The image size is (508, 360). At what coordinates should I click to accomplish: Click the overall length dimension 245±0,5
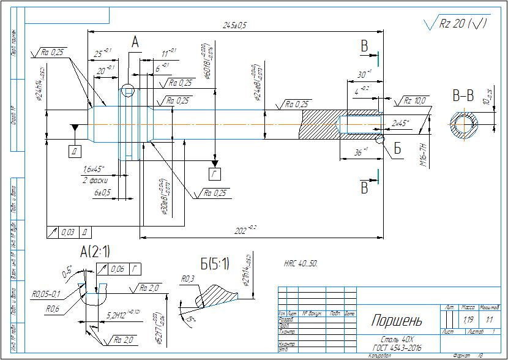234,25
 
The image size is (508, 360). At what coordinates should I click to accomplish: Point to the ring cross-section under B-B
466,124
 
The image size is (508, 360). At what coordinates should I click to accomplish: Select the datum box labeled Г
215,174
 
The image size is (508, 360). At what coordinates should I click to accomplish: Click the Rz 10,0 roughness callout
414,100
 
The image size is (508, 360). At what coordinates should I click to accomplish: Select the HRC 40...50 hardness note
300,263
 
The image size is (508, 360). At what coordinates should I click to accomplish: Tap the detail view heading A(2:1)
95,251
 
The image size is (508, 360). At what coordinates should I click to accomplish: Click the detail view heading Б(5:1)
215,264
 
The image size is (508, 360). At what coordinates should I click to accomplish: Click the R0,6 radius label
53,309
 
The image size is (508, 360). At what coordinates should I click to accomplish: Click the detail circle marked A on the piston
127,91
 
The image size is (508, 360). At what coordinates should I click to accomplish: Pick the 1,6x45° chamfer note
94,169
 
